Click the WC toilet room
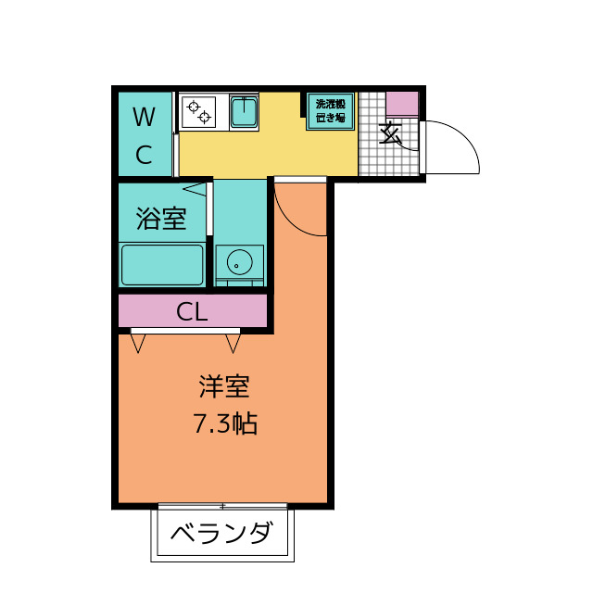point(145,135)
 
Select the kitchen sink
point(244,112)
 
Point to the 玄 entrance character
point(391,134)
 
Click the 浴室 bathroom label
point(161,219)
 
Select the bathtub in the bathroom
point(162,265)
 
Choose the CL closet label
point(192,311)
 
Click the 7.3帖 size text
point(225,424)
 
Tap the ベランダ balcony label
point(223,535)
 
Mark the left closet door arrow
point(139,344)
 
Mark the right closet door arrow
point(233,344)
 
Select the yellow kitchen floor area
point(278,148)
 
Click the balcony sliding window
point(222,506)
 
